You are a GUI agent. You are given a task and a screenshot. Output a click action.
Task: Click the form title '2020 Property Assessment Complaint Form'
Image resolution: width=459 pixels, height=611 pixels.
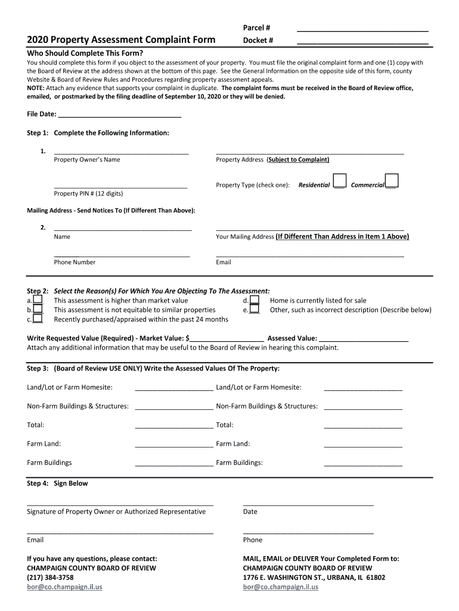pos(121,40)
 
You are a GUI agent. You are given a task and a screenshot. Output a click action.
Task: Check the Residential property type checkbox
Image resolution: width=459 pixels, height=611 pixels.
pos(339,181)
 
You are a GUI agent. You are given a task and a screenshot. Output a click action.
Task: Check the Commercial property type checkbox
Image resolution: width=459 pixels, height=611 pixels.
pos(392,181)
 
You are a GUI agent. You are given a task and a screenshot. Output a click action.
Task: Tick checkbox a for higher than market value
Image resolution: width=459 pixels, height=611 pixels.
pos(38,300)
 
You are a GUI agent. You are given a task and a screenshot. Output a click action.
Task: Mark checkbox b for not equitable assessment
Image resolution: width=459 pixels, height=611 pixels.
pos(38,310)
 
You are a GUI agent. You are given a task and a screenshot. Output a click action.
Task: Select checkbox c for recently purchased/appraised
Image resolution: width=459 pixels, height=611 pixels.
pos(38,319)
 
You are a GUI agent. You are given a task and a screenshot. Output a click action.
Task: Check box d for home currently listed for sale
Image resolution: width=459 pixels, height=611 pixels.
pos(255,300)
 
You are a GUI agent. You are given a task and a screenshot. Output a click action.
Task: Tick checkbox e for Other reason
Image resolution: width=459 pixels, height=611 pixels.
pos(255,310)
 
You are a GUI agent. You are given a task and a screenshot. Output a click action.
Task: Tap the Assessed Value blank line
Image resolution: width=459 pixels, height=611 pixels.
pos(372,338)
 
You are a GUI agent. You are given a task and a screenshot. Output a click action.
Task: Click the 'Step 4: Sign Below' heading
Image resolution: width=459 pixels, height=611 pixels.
pos(57,483)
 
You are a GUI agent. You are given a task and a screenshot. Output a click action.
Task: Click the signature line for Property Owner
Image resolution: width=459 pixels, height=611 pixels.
pos(120,504)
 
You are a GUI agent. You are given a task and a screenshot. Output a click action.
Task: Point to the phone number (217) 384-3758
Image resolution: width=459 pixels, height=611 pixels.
pos(50,578)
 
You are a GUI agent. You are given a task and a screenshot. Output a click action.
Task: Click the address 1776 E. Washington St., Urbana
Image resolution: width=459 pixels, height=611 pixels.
pos(314,578)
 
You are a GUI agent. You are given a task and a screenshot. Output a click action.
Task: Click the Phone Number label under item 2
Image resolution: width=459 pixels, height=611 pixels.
pos(75,262)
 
